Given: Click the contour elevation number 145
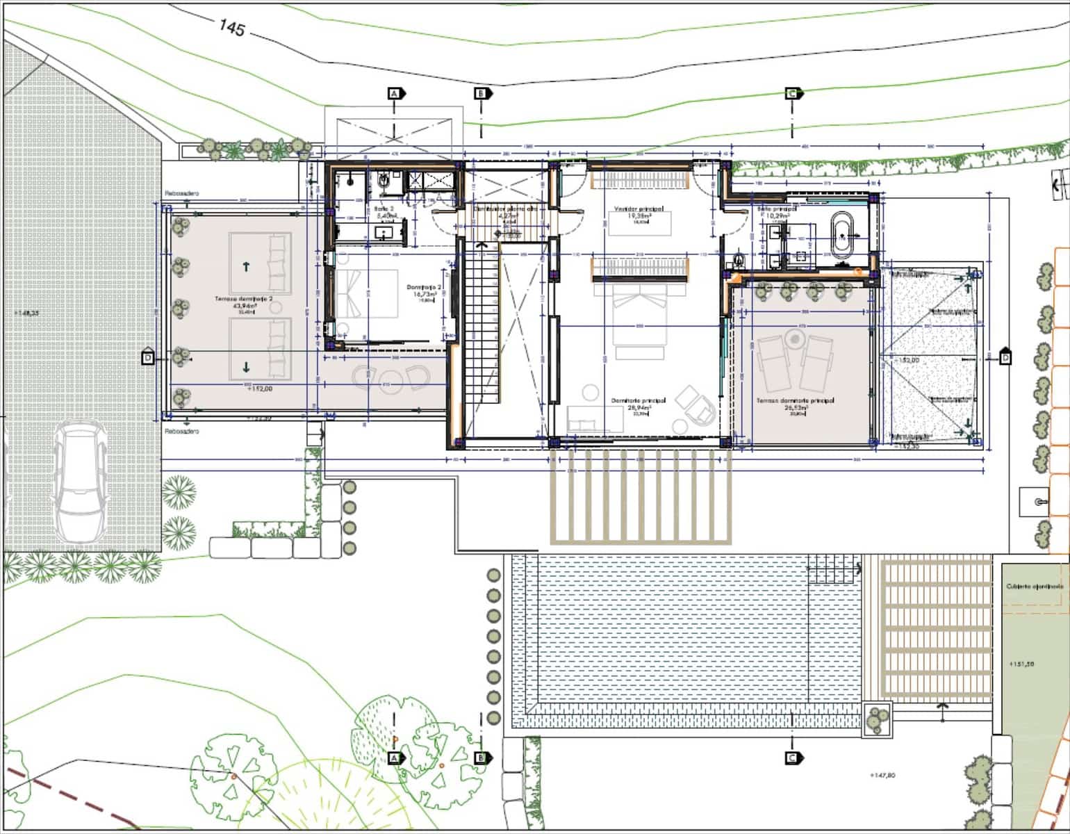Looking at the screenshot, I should (232, 28).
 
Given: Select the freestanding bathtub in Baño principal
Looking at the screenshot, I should (841, 235).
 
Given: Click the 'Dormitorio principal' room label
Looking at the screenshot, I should (639, 401).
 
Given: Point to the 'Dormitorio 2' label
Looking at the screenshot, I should (425, 287).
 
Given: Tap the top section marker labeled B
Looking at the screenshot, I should (480, 93).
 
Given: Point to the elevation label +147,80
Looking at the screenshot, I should (882, 775).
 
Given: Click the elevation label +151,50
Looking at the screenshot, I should (1021, 664).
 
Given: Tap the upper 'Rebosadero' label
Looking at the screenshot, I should (181, 194).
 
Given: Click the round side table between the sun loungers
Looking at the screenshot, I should (794, 339).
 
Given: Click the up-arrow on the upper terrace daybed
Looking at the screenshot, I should (247, 265).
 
